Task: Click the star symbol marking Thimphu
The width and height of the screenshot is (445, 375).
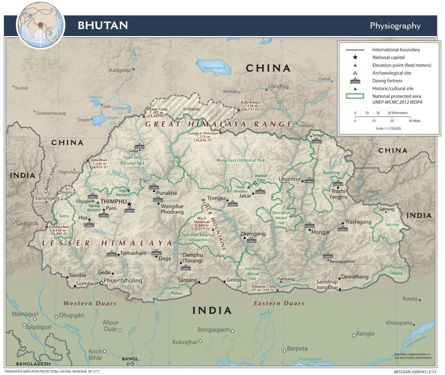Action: (129, 204)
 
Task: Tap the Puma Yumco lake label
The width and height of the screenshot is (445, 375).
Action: (215, 68)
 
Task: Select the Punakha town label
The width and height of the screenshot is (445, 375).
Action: (166, 193)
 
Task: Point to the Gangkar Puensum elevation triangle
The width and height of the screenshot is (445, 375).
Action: (220, 132)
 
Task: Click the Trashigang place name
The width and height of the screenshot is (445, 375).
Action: (358, 222)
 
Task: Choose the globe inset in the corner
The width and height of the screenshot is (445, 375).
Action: (40, 25)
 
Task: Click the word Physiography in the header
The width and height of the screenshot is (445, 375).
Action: (395, 26)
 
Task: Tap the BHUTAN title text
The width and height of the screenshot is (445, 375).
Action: (103, 25)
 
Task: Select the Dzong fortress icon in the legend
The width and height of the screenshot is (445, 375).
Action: (355, 81)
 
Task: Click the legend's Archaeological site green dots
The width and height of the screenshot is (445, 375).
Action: (355, 73)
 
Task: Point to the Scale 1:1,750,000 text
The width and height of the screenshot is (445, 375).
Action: (388, 128)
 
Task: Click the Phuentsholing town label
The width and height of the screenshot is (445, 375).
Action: (123, 280)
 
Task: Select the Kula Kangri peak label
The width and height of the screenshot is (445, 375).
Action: (251, 106)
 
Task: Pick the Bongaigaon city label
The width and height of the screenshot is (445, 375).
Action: (214, 330)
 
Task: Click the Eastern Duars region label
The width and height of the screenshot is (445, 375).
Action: (279, 303)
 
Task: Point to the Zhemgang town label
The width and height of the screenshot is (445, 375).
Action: (253, 234)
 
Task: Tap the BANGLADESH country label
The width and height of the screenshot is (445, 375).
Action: (33, 363)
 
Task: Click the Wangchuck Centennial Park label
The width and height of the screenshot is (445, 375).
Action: (241, 160)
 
